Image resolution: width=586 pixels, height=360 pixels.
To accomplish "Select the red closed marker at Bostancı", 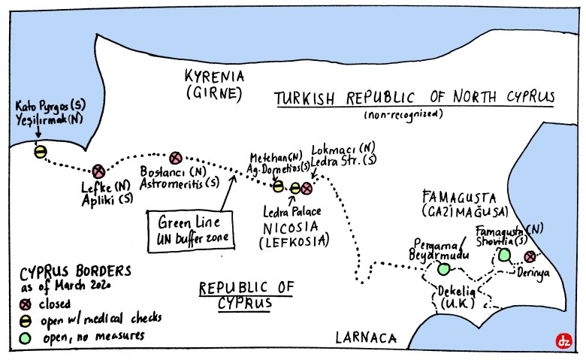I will pos(176,158).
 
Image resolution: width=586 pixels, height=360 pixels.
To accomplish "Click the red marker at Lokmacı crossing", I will pos(307,188).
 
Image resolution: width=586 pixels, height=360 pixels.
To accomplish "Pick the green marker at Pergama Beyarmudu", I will pos(443,268).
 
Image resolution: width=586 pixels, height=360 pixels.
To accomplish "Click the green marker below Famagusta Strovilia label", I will pos(504,256).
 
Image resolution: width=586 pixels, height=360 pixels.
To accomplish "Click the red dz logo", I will pos(563,340).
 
